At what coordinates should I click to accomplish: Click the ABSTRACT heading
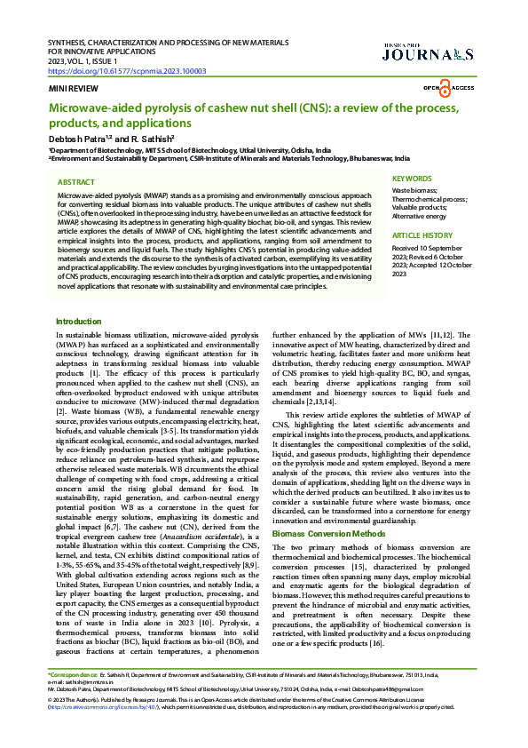(x=76, y=180)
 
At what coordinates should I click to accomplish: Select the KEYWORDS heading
(x=412, y=179)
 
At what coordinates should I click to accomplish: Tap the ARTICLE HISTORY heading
(x=420, y=235)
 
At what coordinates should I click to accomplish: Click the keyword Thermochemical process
(x=429, y=199)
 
